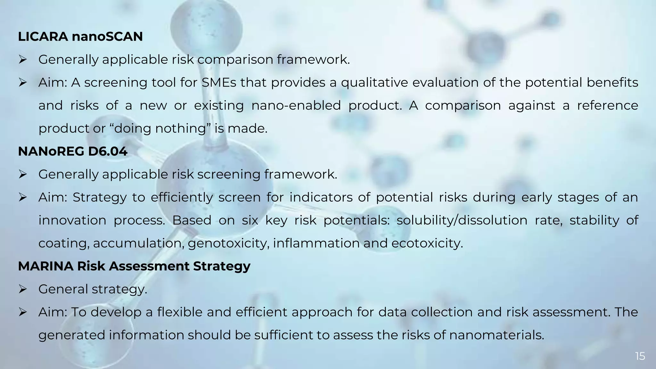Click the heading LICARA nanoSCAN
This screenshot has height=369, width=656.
[80, 37]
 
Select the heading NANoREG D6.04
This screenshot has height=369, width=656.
[73, 151]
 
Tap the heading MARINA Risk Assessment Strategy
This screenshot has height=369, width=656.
[134, 266]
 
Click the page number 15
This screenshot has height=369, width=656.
[640, 356]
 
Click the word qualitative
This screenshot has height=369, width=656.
[374, 83]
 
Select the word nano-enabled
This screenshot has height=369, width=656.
[296, 105]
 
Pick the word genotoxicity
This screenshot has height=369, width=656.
[229, 243]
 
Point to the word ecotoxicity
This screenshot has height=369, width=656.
[427, 243]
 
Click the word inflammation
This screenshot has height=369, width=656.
[316, 243]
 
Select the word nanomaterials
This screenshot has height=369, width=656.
[496, 335]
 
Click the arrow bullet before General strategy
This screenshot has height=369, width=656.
[22, 289]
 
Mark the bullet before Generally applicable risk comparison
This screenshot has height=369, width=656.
[22, 60]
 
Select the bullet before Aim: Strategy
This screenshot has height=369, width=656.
[22, 197]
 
